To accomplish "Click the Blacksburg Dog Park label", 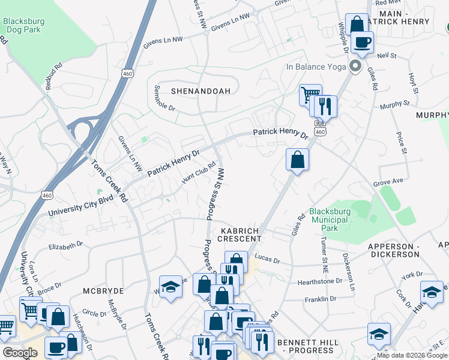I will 24,25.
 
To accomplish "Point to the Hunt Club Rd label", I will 199,174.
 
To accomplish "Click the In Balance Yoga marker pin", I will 355,66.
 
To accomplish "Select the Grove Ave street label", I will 387,180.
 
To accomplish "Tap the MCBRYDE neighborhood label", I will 103,290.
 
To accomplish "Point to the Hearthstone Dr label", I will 319,281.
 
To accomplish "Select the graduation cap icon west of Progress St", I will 170,286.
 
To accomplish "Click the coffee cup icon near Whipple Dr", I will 363,42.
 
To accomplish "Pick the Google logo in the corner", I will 19,353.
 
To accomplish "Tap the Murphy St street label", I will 394,106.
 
